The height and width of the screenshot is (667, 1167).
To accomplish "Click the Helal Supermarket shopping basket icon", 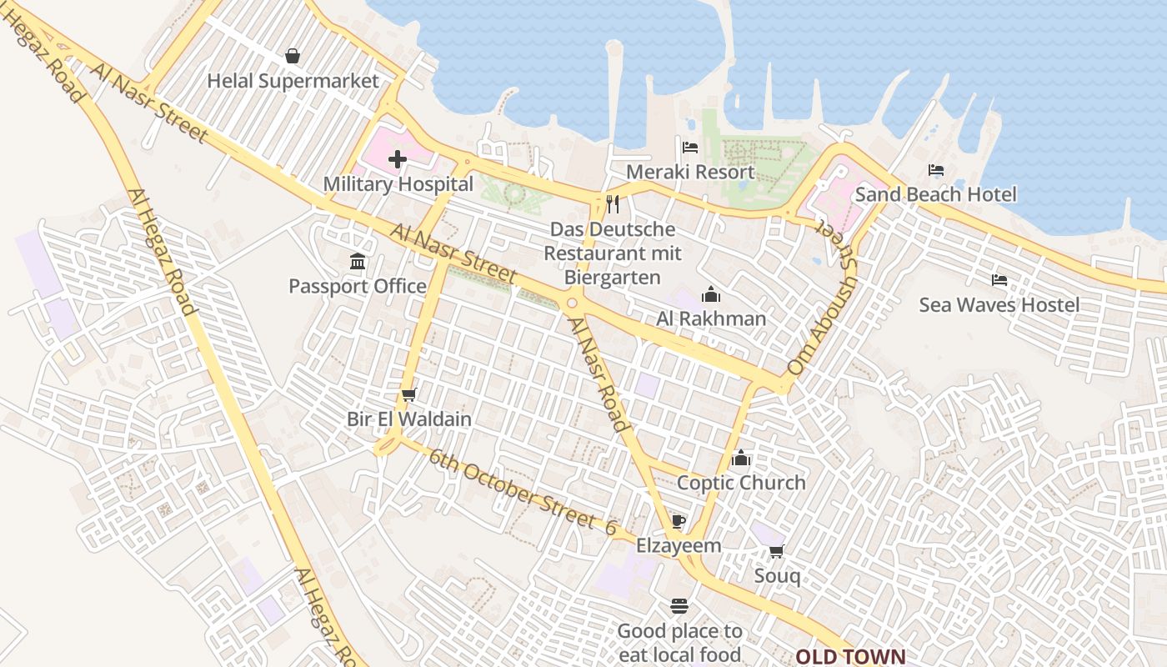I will click(x=293, y=56).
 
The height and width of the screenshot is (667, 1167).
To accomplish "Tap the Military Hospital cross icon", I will click(x=398, y=159).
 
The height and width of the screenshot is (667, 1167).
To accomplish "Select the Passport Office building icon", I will click(x=358, y=262).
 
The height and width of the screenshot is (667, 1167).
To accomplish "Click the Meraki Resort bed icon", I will click(x=690, y=148).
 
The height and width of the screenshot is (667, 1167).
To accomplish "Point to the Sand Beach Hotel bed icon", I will click(x=936, y=170).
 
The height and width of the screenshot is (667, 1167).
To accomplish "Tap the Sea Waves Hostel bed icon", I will click(x=999, y=280).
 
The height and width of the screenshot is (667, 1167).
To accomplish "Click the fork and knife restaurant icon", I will click(x=613, y=204).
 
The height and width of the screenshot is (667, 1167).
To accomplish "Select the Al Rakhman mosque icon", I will click(x=710, y=294).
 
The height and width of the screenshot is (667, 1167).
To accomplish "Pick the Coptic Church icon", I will click(x=741, y=458).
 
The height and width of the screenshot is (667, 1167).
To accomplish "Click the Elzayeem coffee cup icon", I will click(x=679, y=522).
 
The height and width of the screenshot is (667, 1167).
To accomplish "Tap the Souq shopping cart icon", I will click(x=777, y=551).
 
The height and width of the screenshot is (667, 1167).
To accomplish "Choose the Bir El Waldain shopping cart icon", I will click(x=408, y=394).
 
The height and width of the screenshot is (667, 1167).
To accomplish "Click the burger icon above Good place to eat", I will click(x=679, y=606).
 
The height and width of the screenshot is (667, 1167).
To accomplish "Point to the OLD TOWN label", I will click(x=849, y=656).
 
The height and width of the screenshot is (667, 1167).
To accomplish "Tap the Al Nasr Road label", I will click(x=597, y=373).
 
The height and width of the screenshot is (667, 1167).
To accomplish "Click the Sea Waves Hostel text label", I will click(x=999, y=305).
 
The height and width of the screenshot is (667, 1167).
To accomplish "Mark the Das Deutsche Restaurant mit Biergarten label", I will click(x=613, y=253).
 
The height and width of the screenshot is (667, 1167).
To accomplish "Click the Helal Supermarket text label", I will click(x=293, y=81).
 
